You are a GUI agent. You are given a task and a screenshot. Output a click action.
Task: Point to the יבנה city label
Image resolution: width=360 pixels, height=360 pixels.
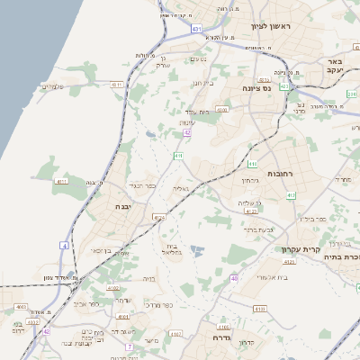(x=121, y=206)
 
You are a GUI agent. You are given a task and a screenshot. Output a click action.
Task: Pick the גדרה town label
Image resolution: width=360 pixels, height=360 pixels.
(x=223, y=337)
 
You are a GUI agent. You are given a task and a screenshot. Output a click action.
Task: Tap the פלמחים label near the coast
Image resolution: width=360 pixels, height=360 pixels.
(x=51, y=87)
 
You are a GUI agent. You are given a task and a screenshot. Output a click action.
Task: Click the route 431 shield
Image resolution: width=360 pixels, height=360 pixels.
(x=197, y=29)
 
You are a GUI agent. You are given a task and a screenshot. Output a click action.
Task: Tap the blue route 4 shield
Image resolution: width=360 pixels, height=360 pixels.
(x=64, y=245)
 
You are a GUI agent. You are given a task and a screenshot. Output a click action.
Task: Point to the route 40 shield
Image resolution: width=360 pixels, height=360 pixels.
(x=234, y=279)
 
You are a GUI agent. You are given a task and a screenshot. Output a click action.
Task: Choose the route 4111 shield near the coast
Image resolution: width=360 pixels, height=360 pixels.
(x=61, y=181)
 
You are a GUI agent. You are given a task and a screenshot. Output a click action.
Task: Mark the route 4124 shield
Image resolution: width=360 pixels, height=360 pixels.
(x=159, y=217)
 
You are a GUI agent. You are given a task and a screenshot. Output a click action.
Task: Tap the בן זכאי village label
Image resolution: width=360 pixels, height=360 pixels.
(x=96, y=251)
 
